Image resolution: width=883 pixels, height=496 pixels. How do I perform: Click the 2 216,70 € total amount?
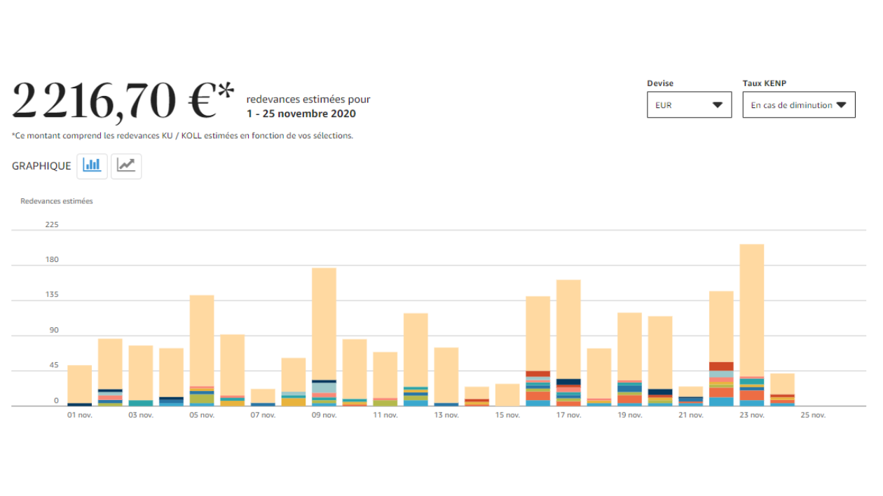(123, 100)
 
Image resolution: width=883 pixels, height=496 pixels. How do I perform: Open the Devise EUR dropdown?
(689, 105)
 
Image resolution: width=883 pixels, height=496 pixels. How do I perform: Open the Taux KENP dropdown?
(799, 105)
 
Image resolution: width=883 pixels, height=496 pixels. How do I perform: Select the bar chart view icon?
(92, 166)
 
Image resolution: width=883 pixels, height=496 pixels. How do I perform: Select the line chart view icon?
(126, 166)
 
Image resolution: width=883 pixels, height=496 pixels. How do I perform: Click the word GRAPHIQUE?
(41, 166)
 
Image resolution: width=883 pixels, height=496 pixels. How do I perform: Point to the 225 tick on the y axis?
(52, 225)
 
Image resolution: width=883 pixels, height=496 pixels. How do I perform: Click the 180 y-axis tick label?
(52, 260)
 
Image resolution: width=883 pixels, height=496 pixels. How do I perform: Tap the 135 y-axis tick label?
(52, 295)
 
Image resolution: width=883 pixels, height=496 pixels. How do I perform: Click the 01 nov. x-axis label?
(80, 415)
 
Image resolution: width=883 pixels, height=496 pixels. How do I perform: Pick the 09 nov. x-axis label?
(324, 415)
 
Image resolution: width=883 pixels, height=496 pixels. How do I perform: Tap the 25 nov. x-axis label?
(813, 415)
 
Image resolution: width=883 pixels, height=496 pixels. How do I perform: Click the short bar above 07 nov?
(263, 397)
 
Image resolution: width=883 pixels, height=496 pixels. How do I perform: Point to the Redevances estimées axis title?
(57, 201)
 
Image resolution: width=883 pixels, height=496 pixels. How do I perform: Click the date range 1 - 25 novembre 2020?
(301, 114)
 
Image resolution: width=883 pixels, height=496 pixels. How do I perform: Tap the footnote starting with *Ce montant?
(182, 136)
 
